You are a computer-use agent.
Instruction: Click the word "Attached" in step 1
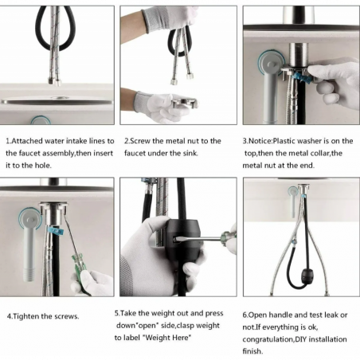(x=27, y=141)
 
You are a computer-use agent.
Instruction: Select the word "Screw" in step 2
(x=140, y=141)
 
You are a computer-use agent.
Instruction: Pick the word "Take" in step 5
(x=128, y=313)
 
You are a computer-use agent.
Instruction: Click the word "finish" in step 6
(x=252, y=351)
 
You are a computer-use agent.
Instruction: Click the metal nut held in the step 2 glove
(x=184, y=103)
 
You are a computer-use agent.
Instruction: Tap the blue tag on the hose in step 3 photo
(x=301, y=79)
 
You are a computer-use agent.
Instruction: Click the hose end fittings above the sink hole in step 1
(x=54, y=81)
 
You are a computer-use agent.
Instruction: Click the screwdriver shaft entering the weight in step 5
(x=202, y=238)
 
